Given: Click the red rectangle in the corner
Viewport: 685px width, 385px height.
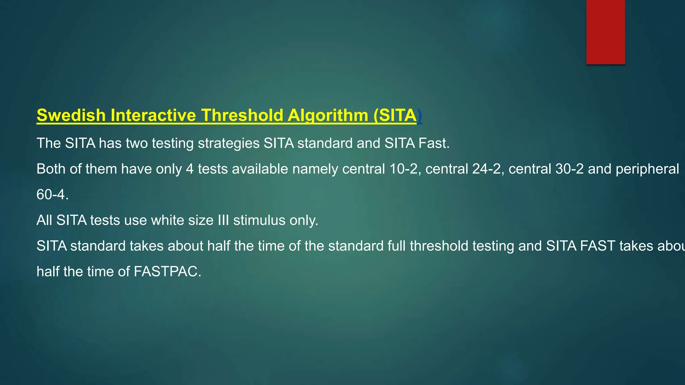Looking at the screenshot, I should coord(605,32).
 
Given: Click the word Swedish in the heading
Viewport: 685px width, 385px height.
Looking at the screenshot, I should coord(71,115).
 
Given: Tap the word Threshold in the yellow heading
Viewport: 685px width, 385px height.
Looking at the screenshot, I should coord(242,115).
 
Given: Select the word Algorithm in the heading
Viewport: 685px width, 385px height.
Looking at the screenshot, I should coord(328,115).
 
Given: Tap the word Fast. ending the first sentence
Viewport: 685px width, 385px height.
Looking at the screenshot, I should coord(434,143).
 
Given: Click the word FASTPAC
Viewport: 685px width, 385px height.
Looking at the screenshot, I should coord(167,272).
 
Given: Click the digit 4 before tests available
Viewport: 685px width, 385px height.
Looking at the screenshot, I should coord(190,169).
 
